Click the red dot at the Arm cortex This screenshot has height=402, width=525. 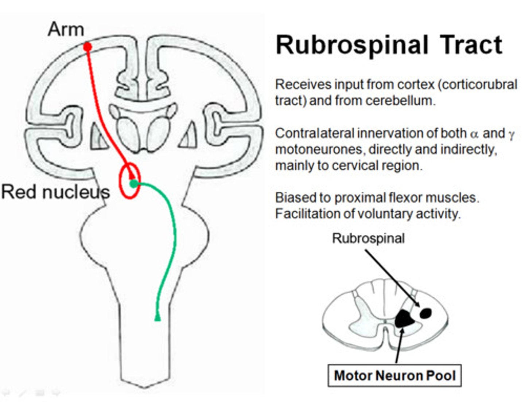[87, 47]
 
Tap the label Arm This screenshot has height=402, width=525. [66, 29]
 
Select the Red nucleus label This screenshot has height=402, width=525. [55, 192]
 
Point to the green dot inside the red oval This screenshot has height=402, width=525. [134, 184]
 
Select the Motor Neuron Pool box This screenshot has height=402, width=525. [395, 375]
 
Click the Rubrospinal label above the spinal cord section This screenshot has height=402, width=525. [368, 238]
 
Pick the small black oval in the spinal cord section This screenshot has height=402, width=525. [426, 313]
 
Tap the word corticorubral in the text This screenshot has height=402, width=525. [479, 85]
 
